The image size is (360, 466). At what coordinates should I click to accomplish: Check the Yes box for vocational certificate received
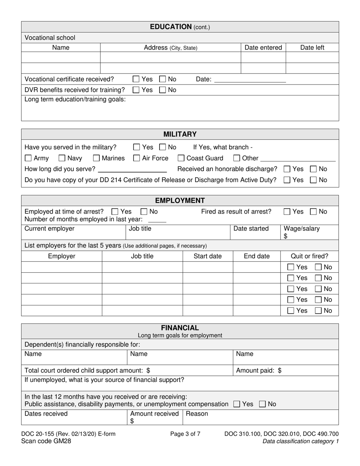(x=136, y=79)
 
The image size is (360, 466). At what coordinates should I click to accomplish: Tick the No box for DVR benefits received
(x=163, y=90)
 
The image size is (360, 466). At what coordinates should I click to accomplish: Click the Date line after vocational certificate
(x=250, y=80)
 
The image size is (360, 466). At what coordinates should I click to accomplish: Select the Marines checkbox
(x=97, y=158)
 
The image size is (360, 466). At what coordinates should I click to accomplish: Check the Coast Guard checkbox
(x=181, y=158)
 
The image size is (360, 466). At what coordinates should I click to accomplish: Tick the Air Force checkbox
(x=136, y=158)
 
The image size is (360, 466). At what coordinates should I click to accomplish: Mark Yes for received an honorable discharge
(x=287, y=169)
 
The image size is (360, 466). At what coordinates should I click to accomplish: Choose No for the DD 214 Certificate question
(x=313, y=180)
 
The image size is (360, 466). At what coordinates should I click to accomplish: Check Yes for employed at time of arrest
(x=115, y=211)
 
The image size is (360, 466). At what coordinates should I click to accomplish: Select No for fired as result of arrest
(x=313, y=211)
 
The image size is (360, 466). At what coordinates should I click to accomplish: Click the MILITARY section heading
(x=180, y=134)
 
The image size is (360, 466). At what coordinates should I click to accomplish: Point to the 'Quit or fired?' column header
(x=309, y=256)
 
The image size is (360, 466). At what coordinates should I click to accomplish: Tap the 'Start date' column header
(x=208, y=256)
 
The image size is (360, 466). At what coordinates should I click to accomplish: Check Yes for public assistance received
(x=237, y=404)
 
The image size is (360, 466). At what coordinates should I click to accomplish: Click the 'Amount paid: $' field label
(x=258, y=371)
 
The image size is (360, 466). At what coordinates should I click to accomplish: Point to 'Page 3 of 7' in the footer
(x=185, y=434)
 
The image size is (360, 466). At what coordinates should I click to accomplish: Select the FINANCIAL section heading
(x=180, y=328)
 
